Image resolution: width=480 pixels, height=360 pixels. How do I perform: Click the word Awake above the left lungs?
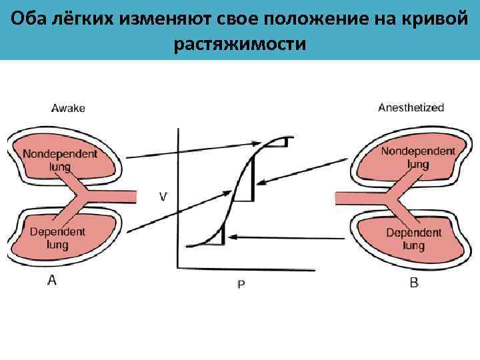[x=69, y=107]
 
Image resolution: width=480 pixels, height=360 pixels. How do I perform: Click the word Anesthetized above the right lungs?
[x=411, y=107]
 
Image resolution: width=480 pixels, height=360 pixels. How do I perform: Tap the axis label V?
[x=163, y=196]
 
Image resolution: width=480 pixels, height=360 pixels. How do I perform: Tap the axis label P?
[x=241, y=284]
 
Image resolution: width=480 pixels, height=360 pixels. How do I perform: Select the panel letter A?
[x=51, y=281]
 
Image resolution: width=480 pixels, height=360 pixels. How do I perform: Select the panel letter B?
[x=414, y=283]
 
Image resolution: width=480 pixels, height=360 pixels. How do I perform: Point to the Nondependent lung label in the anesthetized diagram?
[x=418, y=157]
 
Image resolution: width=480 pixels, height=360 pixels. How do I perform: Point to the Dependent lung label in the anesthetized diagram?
[x=414, y=239]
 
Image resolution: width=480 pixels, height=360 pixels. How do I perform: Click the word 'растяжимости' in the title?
[x=240, y=45]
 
